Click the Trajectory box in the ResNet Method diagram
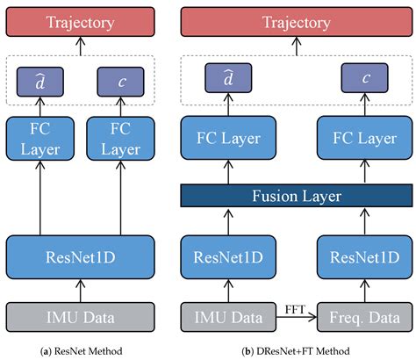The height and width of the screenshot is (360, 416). pos(81,22)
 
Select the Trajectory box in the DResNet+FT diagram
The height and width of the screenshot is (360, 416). pos(297,22)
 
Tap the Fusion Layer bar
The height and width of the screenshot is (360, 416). pos(297,196)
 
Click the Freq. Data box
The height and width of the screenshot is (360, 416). pos(365,317)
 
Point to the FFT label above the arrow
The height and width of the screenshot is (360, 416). pos(295,309)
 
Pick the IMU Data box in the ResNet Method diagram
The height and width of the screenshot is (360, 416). pos(81,317)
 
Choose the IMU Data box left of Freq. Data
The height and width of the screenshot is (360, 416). pos(228,317)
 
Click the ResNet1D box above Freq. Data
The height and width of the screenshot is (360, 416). pos(365,257)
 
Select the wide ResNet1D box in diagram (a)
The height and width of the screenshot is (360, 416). pos(81,257)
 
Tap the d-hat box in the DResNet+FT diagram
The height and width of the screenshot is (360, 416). pos(228,78)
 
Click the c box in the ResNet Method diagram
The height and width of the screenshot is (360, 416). pos(120,82)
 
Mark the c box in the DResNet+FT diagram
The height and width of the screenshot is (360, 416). pos(365,78)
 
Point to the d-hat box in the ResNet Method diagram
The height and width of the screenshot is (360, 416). pos(40,82)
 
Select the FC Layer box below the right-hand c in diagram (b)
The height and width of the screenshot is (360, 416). pos(365,138)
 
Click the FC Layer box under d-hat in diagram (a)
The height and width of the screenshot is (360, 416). pos(40,139)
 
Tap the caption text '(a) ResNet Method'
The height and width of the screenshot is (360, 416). pos(81,351)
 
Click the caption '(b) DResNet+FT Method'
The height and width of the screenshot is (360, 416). pos(296,351)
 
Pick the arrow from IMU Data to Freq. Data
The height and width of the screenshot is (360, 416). pos(297,317)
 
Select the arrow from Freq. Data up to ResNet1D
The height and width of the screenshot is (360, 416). pos(365,291)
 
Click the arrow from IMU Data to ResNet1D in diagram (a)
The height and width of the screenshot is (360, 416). pos(81,291)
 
